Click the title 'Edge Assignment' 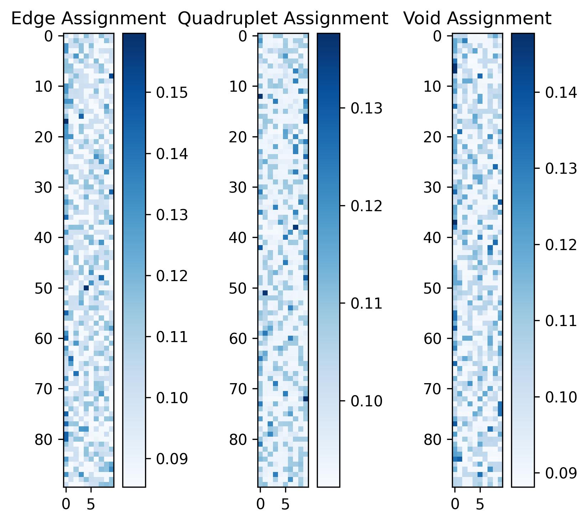coord(88,19)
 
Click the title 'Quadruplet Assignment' coord(283,19)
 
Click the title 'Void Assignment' coord(477,19)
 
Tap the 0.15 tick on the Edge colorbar coord(172,93)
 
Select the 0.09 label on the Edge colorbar coord(172,459)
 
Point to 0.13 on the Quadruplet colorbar coord(367,108)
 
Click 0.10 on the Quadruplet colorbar coord(367,401)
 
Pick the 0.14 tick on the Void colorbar coord(561,93)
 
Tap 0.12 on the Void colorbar coord(561,245)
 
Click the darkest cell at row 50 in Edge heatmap coord(86,288)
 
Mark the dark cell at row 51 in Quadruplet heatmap coord(265,293)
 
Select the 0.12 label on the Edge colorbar coord(172,276)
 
